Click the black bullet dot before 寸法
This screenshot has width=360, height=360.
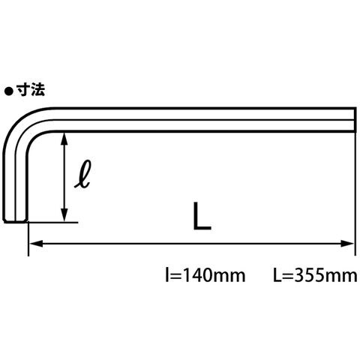[8, 91]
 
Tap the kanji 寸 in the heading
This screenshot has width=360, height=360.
[23, 90]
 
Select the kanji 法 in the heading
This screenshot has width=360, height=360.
[38, 90]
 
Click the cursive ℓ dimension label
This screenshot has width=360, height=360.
[83, 173]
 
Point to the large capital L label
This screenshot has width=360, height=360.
[202, 216]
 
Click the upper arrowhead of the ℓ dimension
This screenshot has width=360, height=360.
[64, 139]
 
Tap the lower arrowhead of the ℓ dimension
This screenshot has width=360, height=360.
[64, 215]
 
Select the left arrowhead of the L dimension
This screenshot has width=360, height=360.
[37, 243]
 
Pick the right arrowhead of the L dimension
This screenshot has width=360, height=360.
[347, 243]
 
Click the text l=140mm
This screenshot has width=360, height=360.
[205, 276]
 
